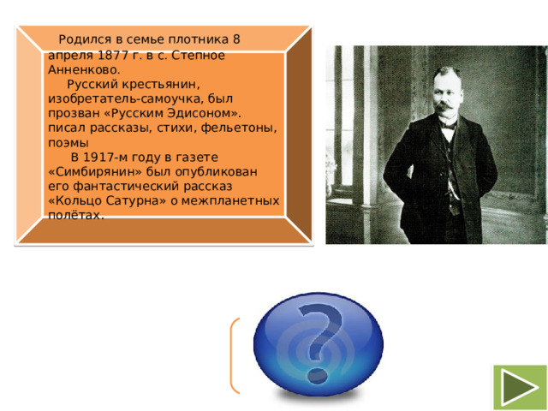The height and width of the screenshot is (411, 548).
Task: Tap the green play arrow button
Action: [x=519, y=386]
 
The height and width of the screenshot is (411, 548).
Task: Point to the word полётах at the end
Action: [x=76, y=216]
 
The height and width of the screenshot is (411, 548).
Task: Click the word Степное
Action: [x=196, y=55]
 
